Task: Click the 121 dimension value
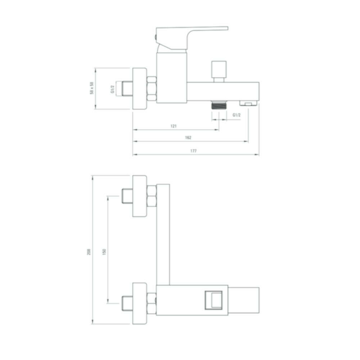[174, 126]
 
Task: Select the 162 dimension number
[188, 138]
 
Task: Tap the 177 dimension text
[194, 151]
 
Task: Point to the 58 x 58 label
[92, 88]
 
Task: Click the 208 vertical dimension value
[89, 252]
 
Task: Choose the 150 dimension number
[104, 252]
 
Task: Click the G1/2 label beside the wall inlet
[112, 89]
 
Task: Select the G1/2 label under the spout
[237, 115]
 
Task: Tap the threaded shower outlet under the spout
[219, 105]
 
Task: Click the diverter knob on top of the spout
[219, 71]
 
